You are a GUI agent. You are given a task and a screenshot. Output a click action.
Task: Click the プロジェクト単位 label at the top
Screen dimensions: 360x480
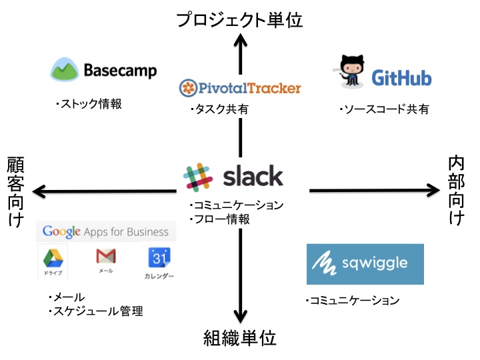[x=239, y=20]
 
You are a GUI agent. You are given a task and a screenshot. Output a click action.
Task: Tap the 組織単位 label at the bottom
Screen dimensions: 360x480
[x=239, y=338]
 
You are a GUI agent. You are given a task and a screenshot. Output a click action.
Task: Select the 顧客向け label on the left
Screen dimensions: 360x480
[x=15, y=191]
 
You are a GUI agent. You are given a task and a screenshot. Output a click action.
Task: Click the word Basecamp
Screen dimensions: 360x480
[x=120, y=71]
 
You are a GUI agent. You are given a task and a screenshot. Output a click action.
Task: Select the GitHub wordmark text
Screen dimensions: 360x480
[x=401, y=78]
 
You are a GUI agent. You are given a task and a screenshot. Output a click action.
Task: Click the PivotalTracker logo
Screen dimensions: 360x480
[x=240, y=87]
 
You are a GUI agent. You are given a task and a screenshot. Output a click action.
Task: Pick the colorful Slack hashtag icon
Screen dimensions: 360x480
[x=198, y=177]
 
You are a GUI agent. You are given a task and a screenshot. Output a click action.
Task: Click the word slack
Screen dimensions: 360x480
[x=253, y=177]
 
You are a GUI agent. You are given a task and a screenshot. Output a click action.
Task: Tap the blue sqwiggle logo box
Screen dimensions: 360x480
[x=365, y=264]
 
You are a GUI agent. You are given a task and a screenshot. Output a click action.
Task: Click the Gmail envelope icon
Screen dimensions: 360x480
[x=105, y=257]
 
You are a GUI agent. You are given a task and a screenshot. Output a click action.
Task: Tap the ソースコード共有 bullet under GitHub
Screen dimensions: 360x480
[x=383, y=109]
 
